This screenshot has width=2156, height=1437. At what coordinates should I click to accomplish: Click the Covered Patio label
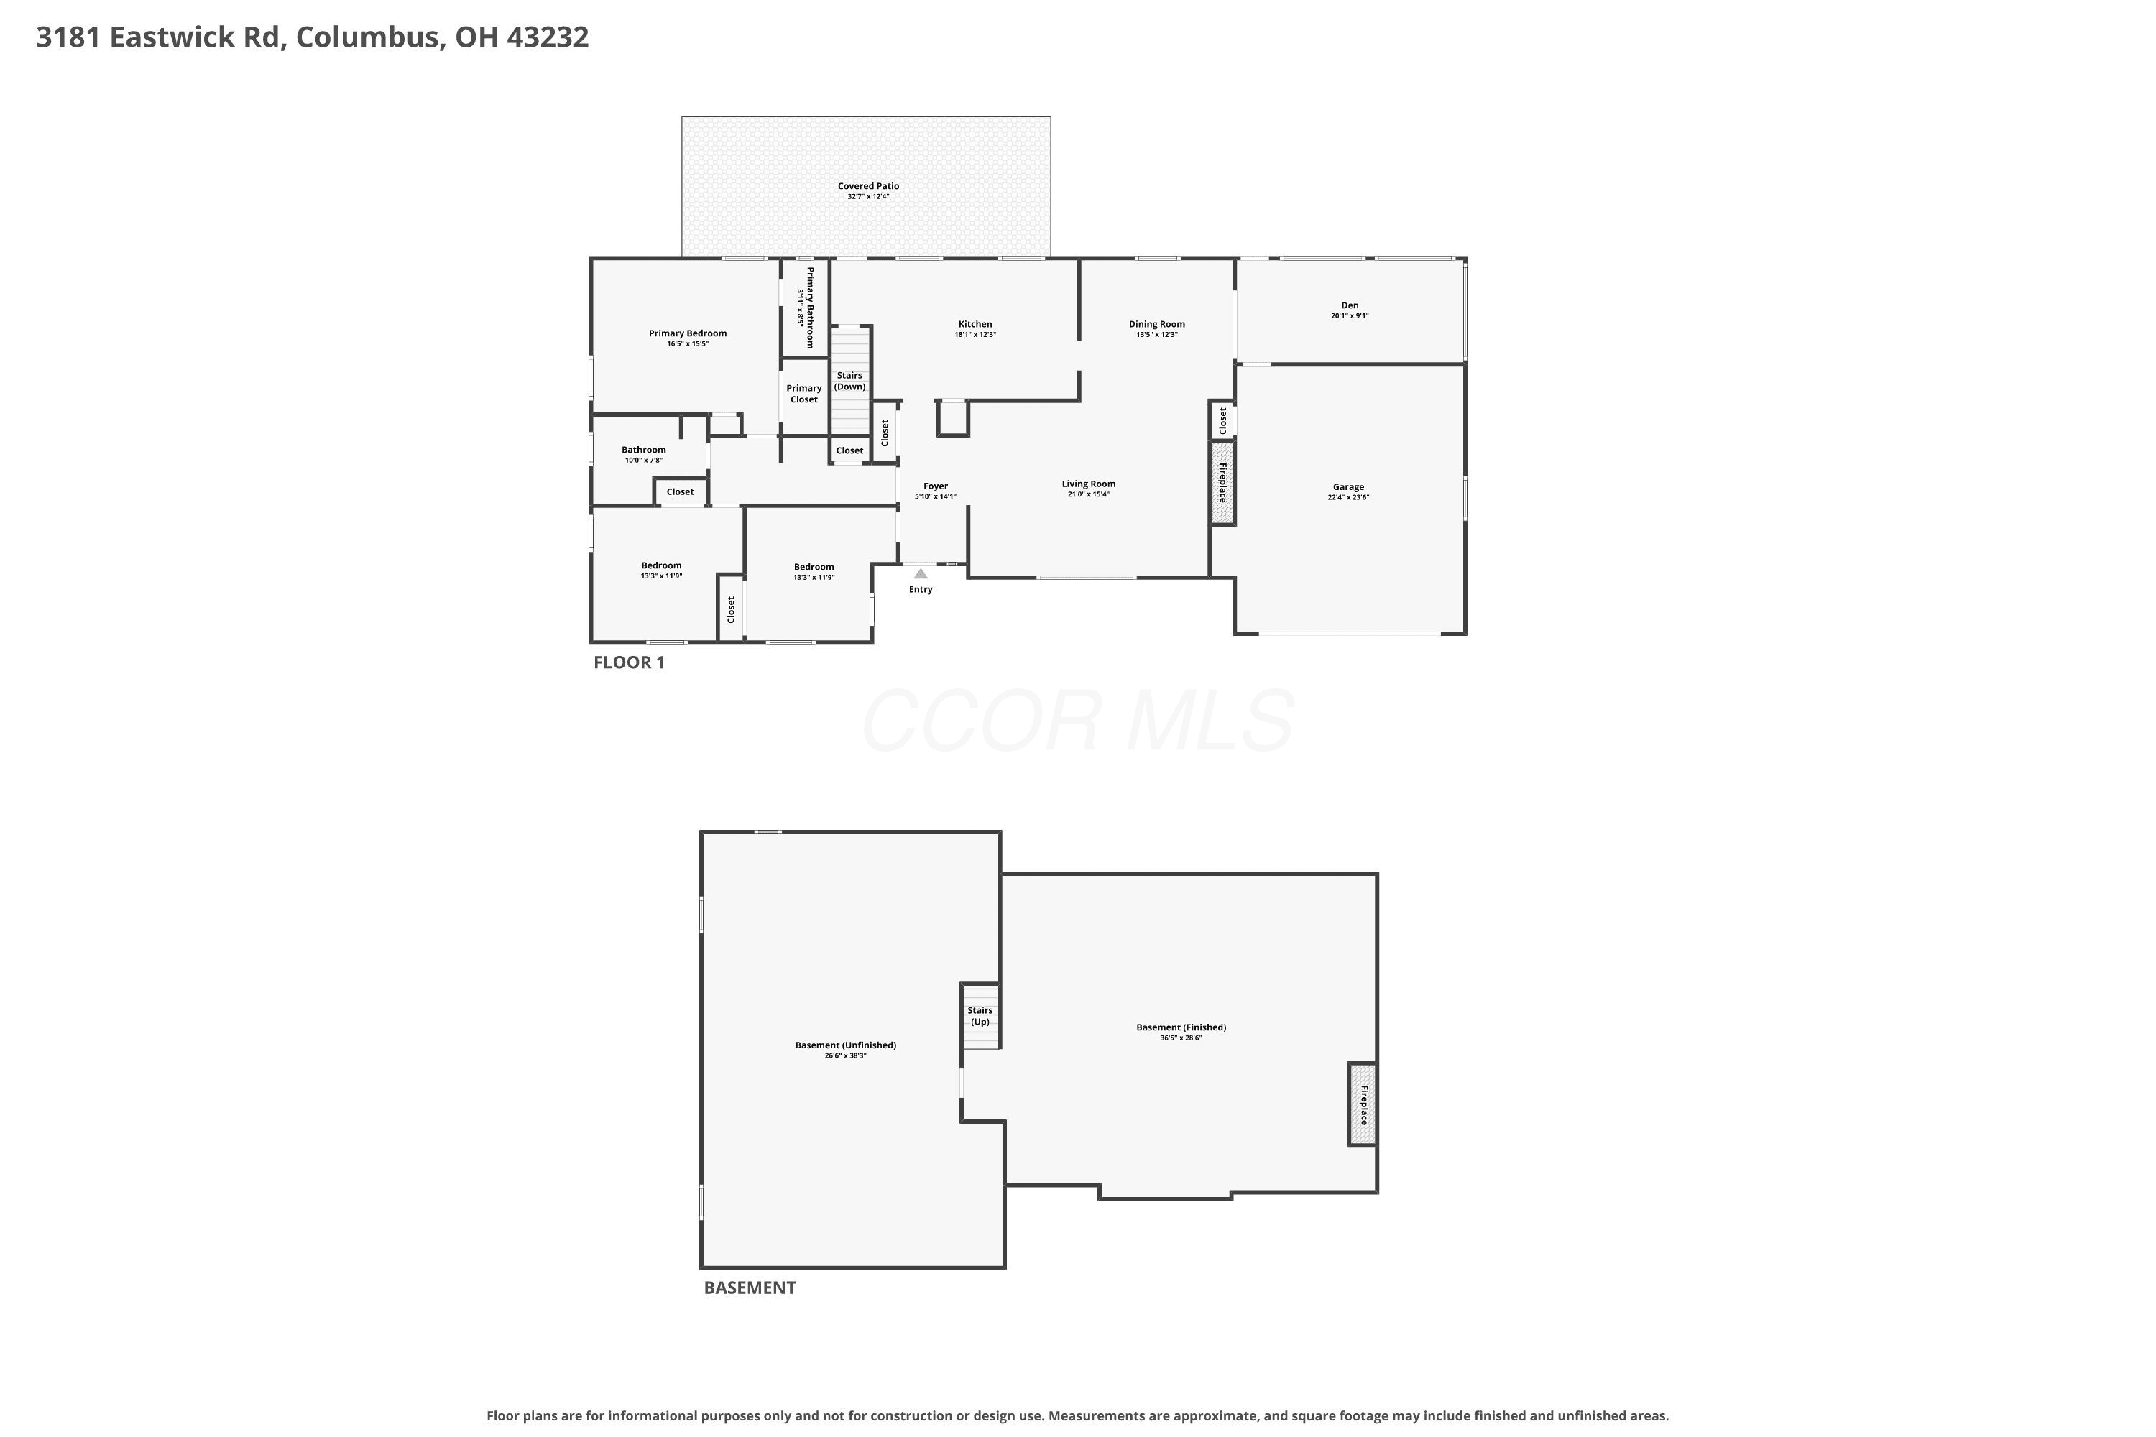(868, 186)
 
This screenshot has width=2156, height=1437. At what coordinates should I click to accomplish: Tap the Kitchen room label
(975, 325)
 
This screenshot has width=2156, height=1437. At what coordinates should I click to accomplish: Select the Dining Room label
(1157, 325)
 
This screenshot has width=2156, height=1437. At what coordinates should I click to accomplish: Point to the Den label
(1350, 305)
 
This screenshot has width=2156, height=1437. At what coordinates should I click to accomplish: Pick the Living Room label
(1089, 484)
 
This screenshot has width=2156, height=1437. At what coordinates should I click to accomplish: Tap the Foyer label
(935, 486)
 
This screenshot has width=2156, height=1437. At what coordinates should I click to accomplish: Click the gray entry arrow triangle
(921, 573)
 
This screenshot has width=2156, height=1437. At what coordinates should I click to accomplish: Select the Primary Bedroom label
(688, 333)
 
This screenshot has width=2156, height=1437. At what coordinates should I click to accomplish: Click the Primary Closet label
(804, 394)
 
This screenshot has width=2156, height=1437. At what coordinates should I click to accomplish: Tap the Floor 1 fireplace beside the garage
(1222, 483)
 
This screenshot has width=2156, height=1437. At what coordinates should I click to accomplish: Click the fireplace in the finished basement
(1362, 1104)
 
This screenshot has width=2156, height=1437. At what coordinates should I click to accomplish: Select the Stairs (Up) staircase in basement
(980, 1015)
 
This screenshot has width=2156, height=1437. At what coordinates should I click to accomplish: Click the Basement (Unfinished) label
(845, 1045)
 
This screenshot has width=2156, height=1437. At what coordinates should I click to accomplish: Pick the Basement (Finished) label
(1181, 1027)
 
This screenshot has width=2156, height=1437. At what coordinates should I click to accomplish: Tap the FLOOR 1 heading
(629, 662)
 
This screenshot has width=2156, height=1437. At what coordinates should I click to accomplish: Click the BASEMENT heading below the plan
(750, 1288)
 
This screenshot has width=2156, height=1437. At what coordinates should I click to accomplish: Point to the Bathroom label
(643, 450)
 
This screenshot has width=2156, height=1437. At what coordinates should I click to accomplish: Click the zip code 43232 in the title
(547, 37)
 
